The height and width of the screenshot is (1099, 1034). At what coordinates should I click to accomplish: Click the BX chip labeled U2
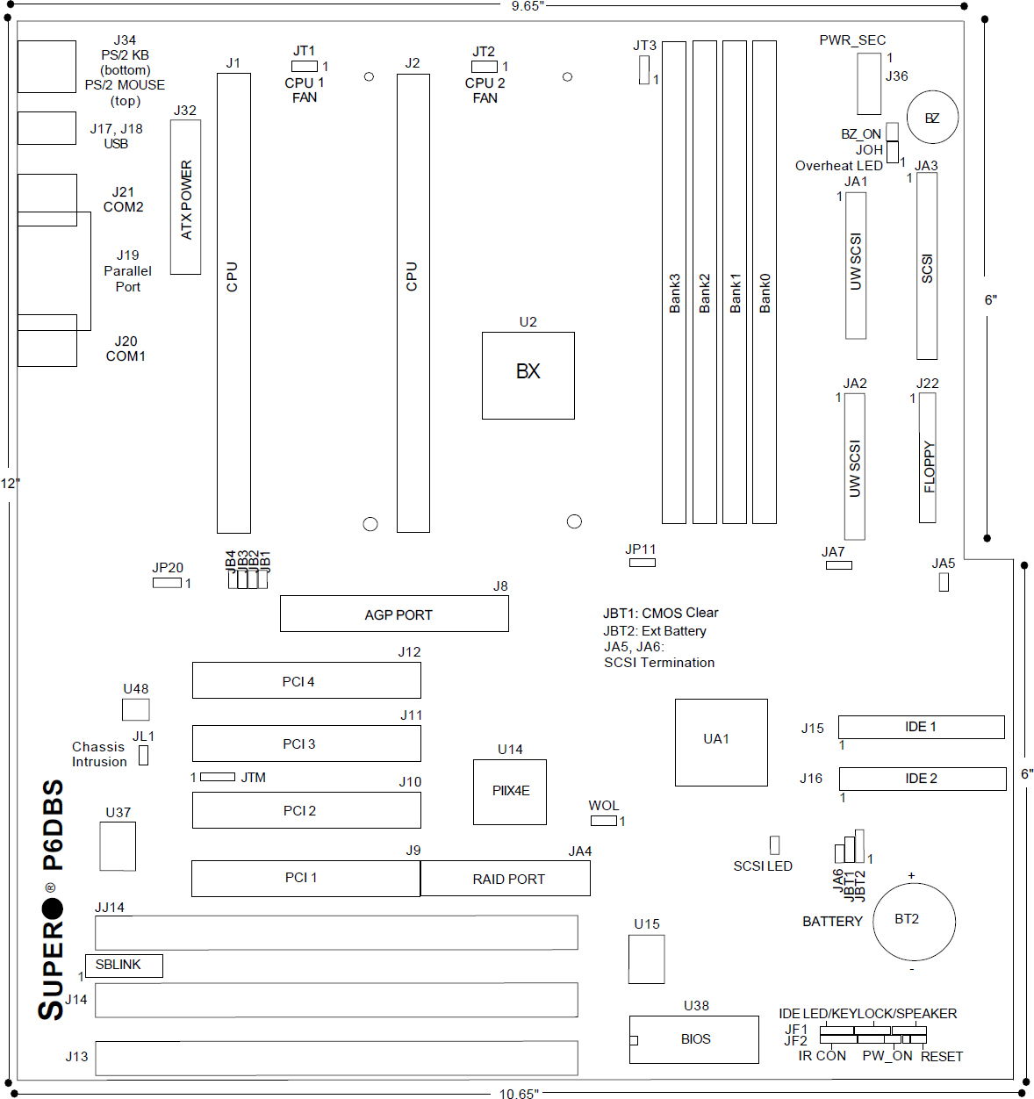point(528,376)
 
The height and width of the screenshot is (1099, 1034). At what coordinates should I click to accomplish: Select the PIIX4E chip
point(509,792)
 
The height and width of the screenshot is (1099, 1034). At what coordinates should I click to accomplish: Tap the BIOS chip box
point(693,1039)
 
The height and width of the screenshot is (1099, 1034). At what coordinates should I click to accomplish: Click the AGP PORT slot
point(394,614)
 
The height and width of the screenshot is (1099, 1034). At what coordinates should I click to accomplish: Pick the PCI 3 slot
point(306,743)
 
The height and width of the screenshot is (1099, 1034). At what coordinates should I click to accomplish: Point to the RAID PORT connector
point(505,879)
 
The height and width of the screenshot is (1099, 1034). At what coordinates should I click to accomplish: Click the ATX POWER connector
point(185,197)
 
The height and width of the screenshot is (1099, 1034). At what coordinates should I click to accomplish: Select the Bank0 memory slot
point(764,283)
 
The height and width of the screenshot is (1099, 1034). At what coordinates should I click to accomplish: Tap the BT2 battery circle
point(914,922)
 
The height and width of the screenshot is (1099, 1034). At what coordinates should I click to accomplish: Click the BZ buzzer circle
point(932,118)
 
